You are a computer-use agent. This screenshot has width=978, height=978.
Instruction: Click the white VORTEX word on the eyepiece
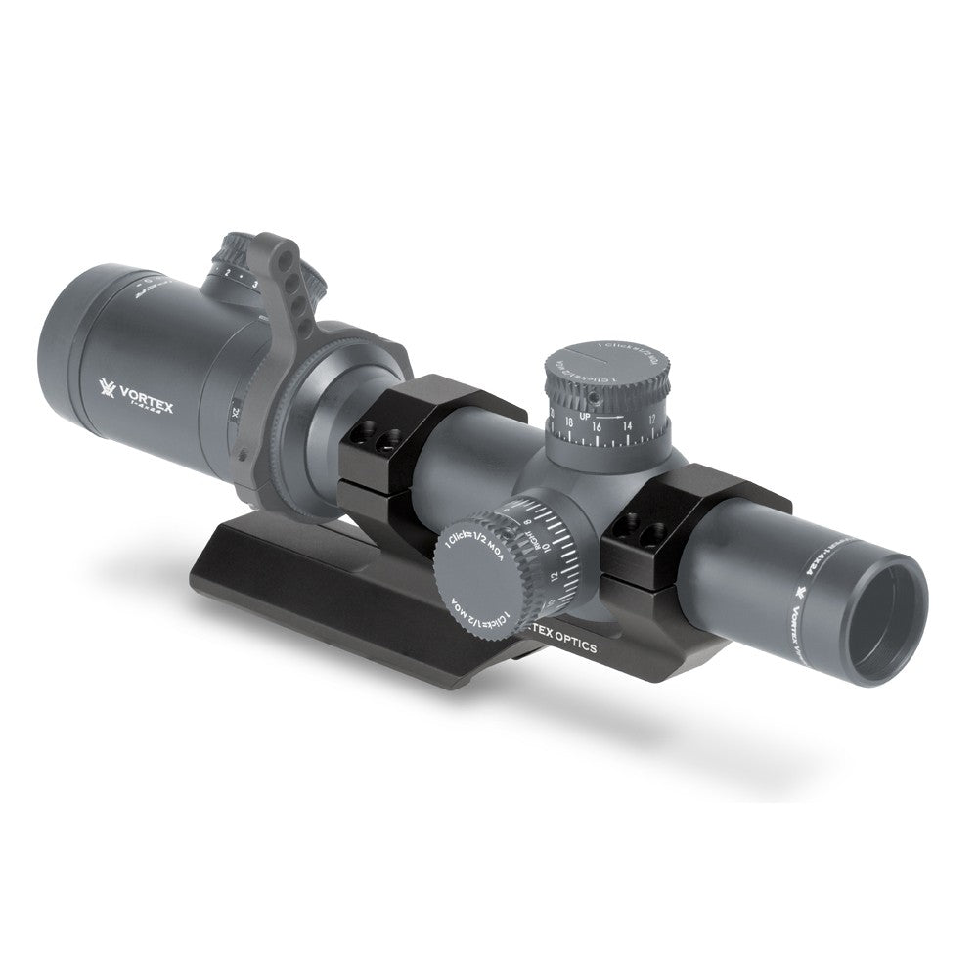(x=147, y=395)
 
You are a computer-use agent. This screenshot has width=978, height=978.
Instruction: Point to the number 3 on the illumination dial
(x=254, y=284)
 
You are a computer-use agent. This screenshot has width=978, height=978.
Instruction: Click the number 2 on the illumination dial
(x=227, y=272)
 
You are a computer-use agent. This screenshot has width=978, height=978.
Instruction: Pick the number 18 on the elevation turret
(x=568, y=426)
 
